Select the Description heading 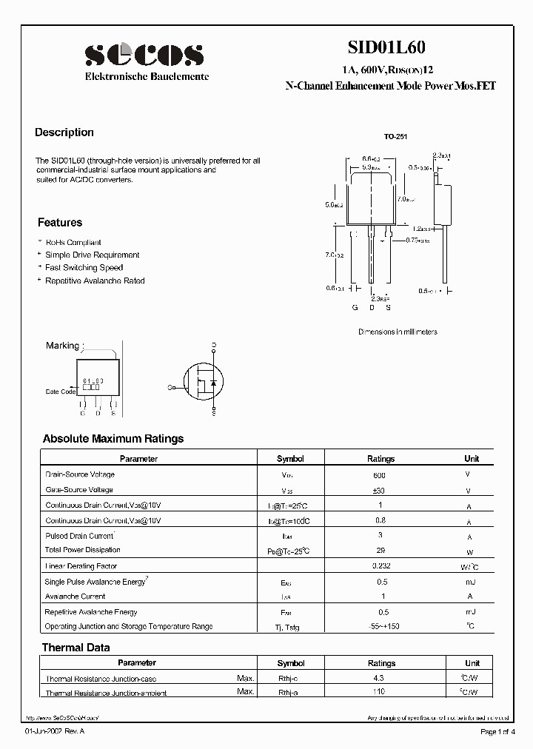coord(64,132)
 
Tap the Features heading coord(60,223)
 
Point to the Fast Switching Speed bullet coord(84,268)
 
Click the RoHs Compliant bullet coord(73,243)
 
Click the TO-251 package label coord(395,137)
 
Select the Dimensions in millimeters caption coord(398,332)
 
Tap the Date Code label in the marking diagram coord(61,392)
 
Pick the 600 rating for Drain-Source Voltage coord(380,475)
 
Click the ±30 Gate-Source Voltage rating coord(380,491)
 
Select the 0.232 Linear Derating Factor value coord(380,565)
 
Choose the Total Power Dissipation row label coord(83,550)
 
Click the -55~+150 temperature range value coord(380,627)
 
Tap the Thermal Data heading coord(76,648)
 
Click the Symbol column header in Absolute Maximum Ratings coord(290,459)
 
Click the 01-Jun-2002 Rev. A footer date coord(55,732)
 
